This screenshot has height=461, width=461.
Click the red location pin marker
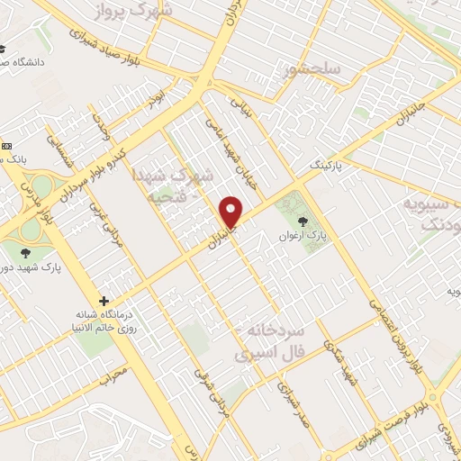click(x=232, y=212)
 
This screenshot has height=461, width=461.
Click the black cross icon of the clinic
click(x=104, y=301)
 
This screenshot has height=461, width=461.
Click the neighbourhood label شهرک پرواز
click(x=135, y=12)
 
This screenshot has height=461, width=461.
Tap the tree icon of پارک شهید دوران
click(x=23, y=252)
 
